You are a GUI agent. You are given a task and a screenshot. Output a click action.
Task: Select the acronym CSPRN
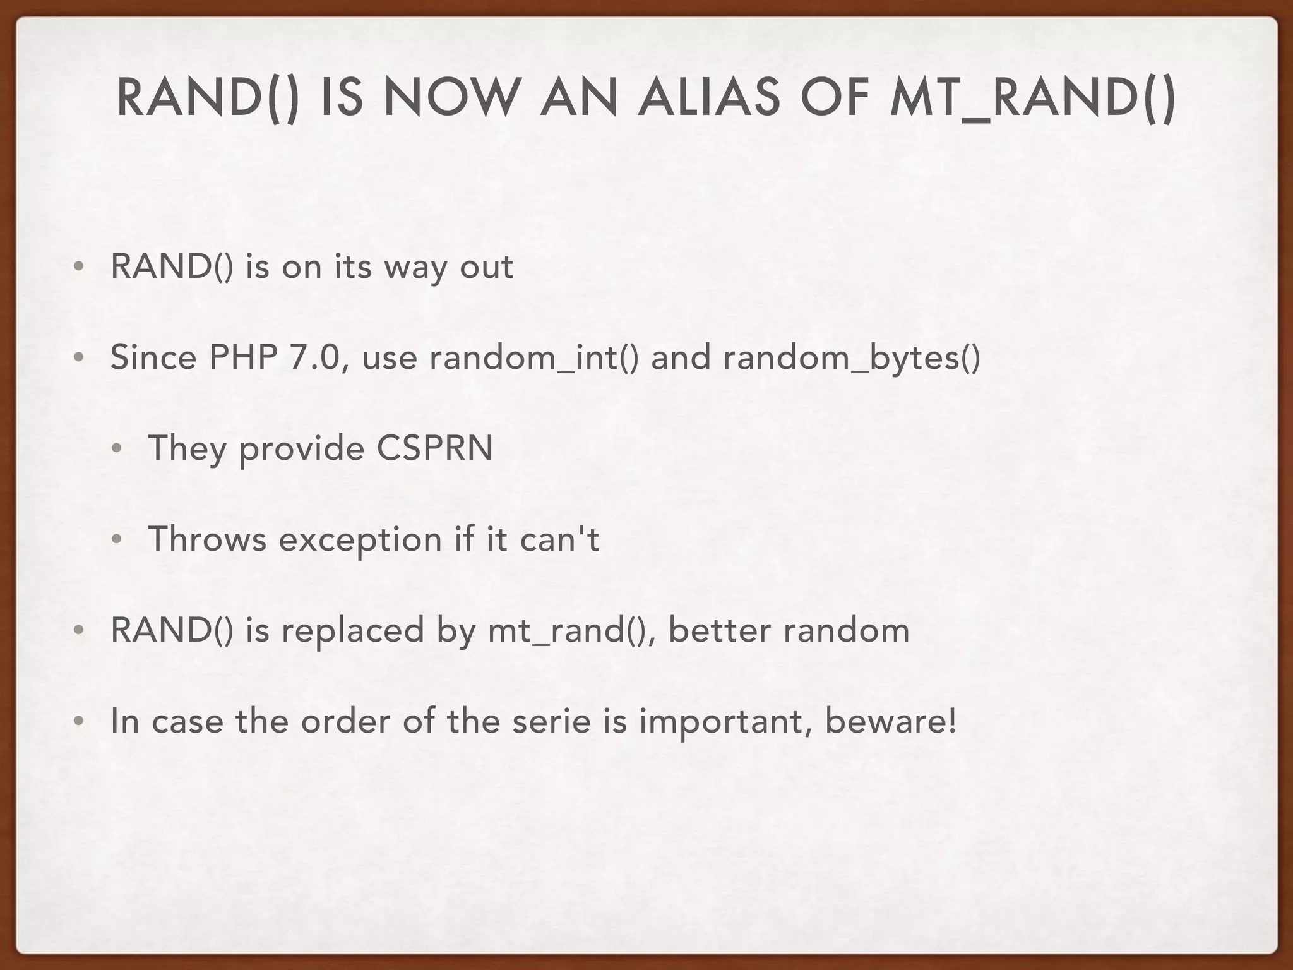(434, 448)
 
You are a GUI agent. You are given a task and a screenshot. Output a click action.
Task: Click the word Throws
(207, 539)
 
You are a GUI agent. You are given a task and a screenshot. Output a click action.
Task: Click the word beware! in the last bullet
(890, 721)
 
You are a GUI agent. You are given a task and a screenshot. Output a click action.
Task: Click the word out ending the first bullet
(486, 267)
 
